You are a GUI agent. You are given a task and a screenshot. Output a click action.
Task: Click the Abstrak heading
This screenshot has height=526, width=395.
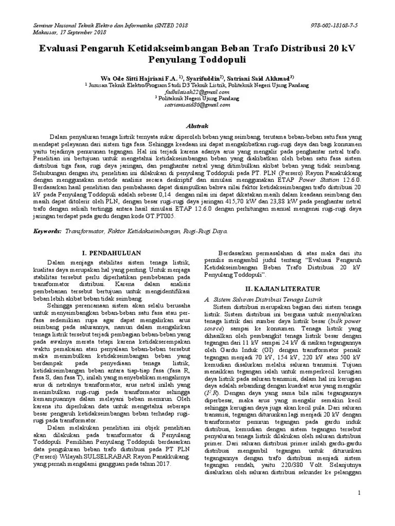tap(197, 126)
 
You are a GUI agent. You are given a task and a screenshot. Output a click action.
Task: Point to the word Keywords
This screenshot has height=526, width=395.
tap(47, 232)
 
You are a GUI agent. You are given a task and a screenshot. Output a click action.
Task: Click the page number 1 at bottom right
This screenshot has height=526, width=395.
tap(359, 493)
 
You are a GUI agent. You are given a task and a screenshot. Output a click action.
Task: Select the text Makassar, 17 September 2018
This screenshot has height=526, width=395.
tap(69, 31)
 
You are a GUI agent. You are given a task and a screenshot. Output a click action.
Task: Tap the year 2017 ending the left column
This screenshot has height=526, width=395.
tap(161, 464)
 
